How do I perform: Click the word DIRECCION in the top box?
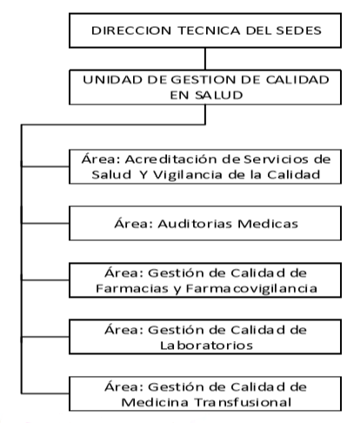click(x=131, y=30)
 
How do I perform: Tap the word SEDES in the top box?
click(x=298, y=30)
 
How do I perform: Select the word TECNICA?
click(x=209, y=30)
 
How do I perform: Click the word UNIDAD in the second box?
click(x=113, y=80)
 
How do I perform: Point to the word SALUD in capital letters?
click(x=219, y=95)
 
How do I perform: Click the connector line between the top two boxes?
click(x=205, y=58)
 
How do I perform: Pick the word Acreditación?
click(x=171, y=159)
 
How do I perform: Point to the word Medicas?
click(x=268, y=224)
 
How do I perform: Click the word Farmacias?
click(x=132, y=288)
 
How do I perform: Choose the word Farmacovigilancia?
click(x=251, y=289)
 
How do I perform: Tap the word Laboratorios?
click(x=207, y=346)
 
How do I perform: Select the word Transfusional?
click(x=243, y=402)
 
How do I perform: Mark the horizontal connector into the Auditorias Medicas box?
click(x=45, y=223)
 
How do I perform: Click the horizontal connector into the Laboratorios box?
click(x=45, y=337)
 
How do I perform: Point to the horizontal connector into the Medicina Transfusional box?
click(x=45, y=393)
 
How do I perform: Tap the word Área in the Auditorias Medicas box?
click(x=134, y=223)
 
